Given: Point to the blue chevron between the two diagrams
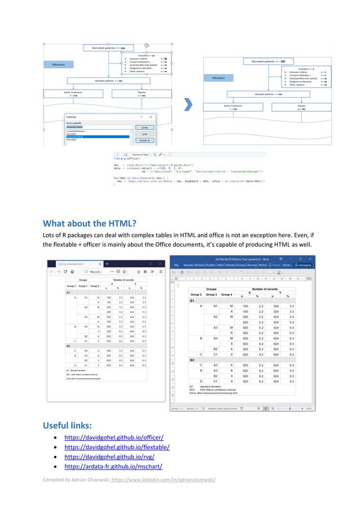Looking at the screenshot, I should click(x=190, y=105).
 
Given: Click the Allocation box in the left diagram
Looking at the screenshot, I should click(x=59, y=65).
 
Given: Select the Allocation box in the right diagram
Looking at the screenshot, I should click(x=218, y=78).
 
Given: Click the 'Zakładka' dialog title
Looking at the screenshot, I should click(x=73, y=117).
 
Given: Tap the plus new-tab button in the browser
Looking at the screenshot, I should click(x=107, y=264).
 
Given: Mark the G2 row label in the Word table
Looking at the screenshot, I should click(x=192, y=359).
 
